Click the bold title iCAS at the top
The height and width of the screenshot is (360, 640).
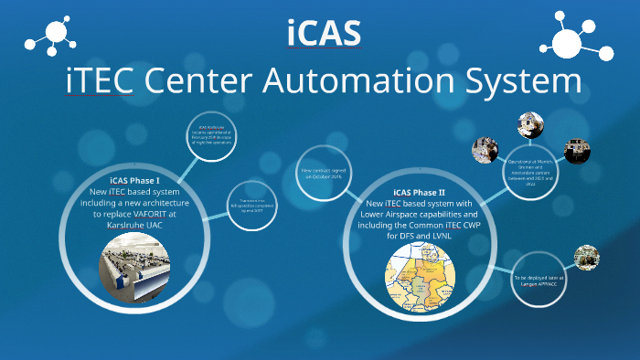323,33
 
